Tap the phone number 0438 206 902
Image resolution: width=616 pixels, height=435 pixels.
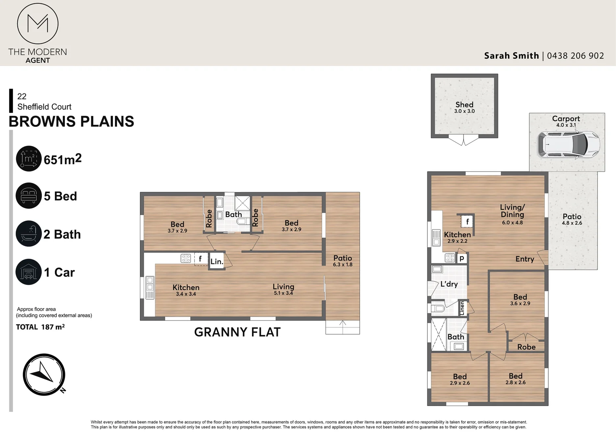tap(575, 56)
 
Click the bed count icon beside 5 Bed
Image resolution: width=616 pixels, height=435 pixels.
tap(29, 196)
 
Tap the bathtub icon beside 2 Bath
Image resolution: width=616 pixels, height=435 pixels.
tap(29, 234)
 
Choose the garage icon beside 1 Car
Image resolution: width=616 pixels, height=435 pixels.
tap(29, 272)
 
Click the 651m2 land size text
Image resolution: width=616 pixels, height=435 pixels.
tap(63, 159)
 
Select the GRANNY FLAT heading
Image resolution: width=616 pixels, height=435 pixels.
tap(237, 332)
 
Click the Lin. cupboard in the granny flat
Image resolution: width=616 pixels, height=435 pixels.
tap(217, 261)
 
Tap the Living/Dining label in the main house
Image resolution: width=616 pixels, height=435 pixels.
tap(512, 211)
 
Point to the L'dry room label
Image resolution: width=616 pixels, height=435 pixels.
tap(449, 284)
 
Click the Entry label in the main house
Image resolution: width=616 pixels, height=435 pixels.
tap(525, 259)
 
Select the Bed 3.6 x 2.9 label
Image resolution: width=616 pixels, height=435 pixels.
tap(520, 300)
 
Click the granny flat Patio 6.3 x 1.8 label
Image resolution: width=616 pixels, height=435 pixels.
tap(343, 261)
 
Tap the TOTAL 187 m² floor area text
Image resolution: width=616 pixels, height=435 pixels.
tap(40, 327)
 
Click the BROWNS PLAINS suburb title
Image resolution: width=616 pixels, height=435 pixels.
tap(71, 122)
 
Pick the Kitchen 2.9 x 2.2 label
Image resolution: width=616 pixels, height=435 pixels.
tap(457, 237)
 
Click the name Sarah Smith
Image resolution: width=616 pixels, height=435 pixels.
tap(512, 56)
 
